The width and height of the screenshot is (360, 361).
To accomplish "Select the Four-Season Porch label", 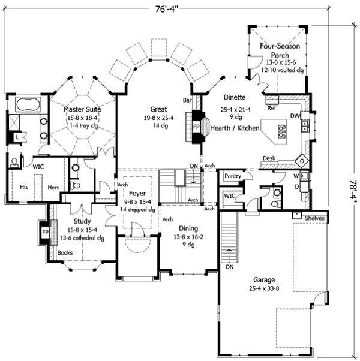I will [280, 50].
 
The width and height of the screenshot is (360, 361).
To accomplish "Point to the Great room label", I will [158, 109].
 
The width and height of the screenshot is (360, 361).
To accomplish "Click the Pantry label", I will [232, 176].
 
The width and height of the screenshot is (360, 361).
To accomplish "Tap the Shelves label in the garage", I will [314, 218].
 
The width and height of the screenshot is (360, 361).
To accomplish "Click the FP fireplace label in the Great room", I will [196, 127].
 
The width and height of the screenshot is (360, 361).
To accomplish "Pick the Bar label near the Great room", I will [187, 100].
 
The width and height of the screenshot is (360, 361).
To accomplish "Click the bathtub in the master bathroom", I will [27, 104].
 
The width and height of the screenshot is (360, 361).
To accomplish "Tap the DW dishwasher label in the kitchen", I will [295, 116].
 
